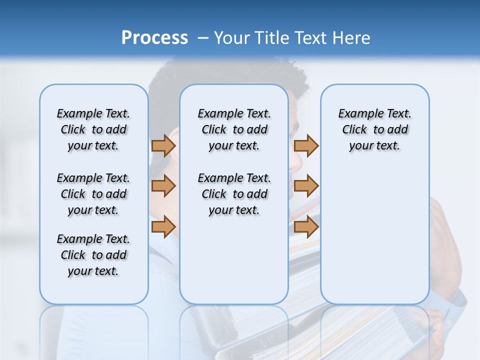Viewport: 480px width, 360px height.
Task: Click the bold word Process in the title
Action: coord(154,37)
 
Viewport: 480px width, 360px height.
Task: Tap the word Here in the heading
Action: coord(351,38)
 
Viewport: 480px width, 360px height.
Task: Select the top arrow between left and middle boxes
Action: coord(163,145)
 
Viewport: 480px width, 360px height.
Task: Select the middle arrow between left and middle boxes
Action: coord(163,186)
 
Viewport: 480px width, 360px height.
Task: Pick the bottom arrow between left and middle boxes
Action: coord(163,227)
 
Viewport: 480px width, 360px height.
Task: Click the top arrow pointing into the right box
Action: coord(306,145)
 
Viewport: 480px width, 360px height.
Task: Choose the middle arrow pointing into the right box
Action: coord(306,186)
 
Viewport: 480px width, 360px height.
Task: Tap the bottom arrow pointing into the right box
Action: coord(306,227)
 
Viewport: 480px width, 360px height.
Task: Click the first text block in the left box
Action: coord(93,129)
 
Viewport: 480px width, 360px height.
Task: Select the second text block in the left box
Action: coord(93,194)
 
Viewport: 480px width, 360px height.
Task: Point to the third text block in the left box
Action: coord(93,255)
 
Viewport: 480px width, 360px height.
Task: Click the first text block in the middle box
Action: coord(234,129)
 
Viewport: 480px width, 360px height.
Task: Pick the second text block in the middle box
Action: coord(234,194)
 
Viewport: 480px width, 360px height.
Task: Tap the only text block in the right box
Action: coord(374,129)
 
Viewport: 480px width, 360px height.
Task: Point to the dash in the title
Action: coord(203,38)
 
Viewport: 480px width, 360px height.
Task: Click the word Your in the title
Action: coord(232,38)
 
